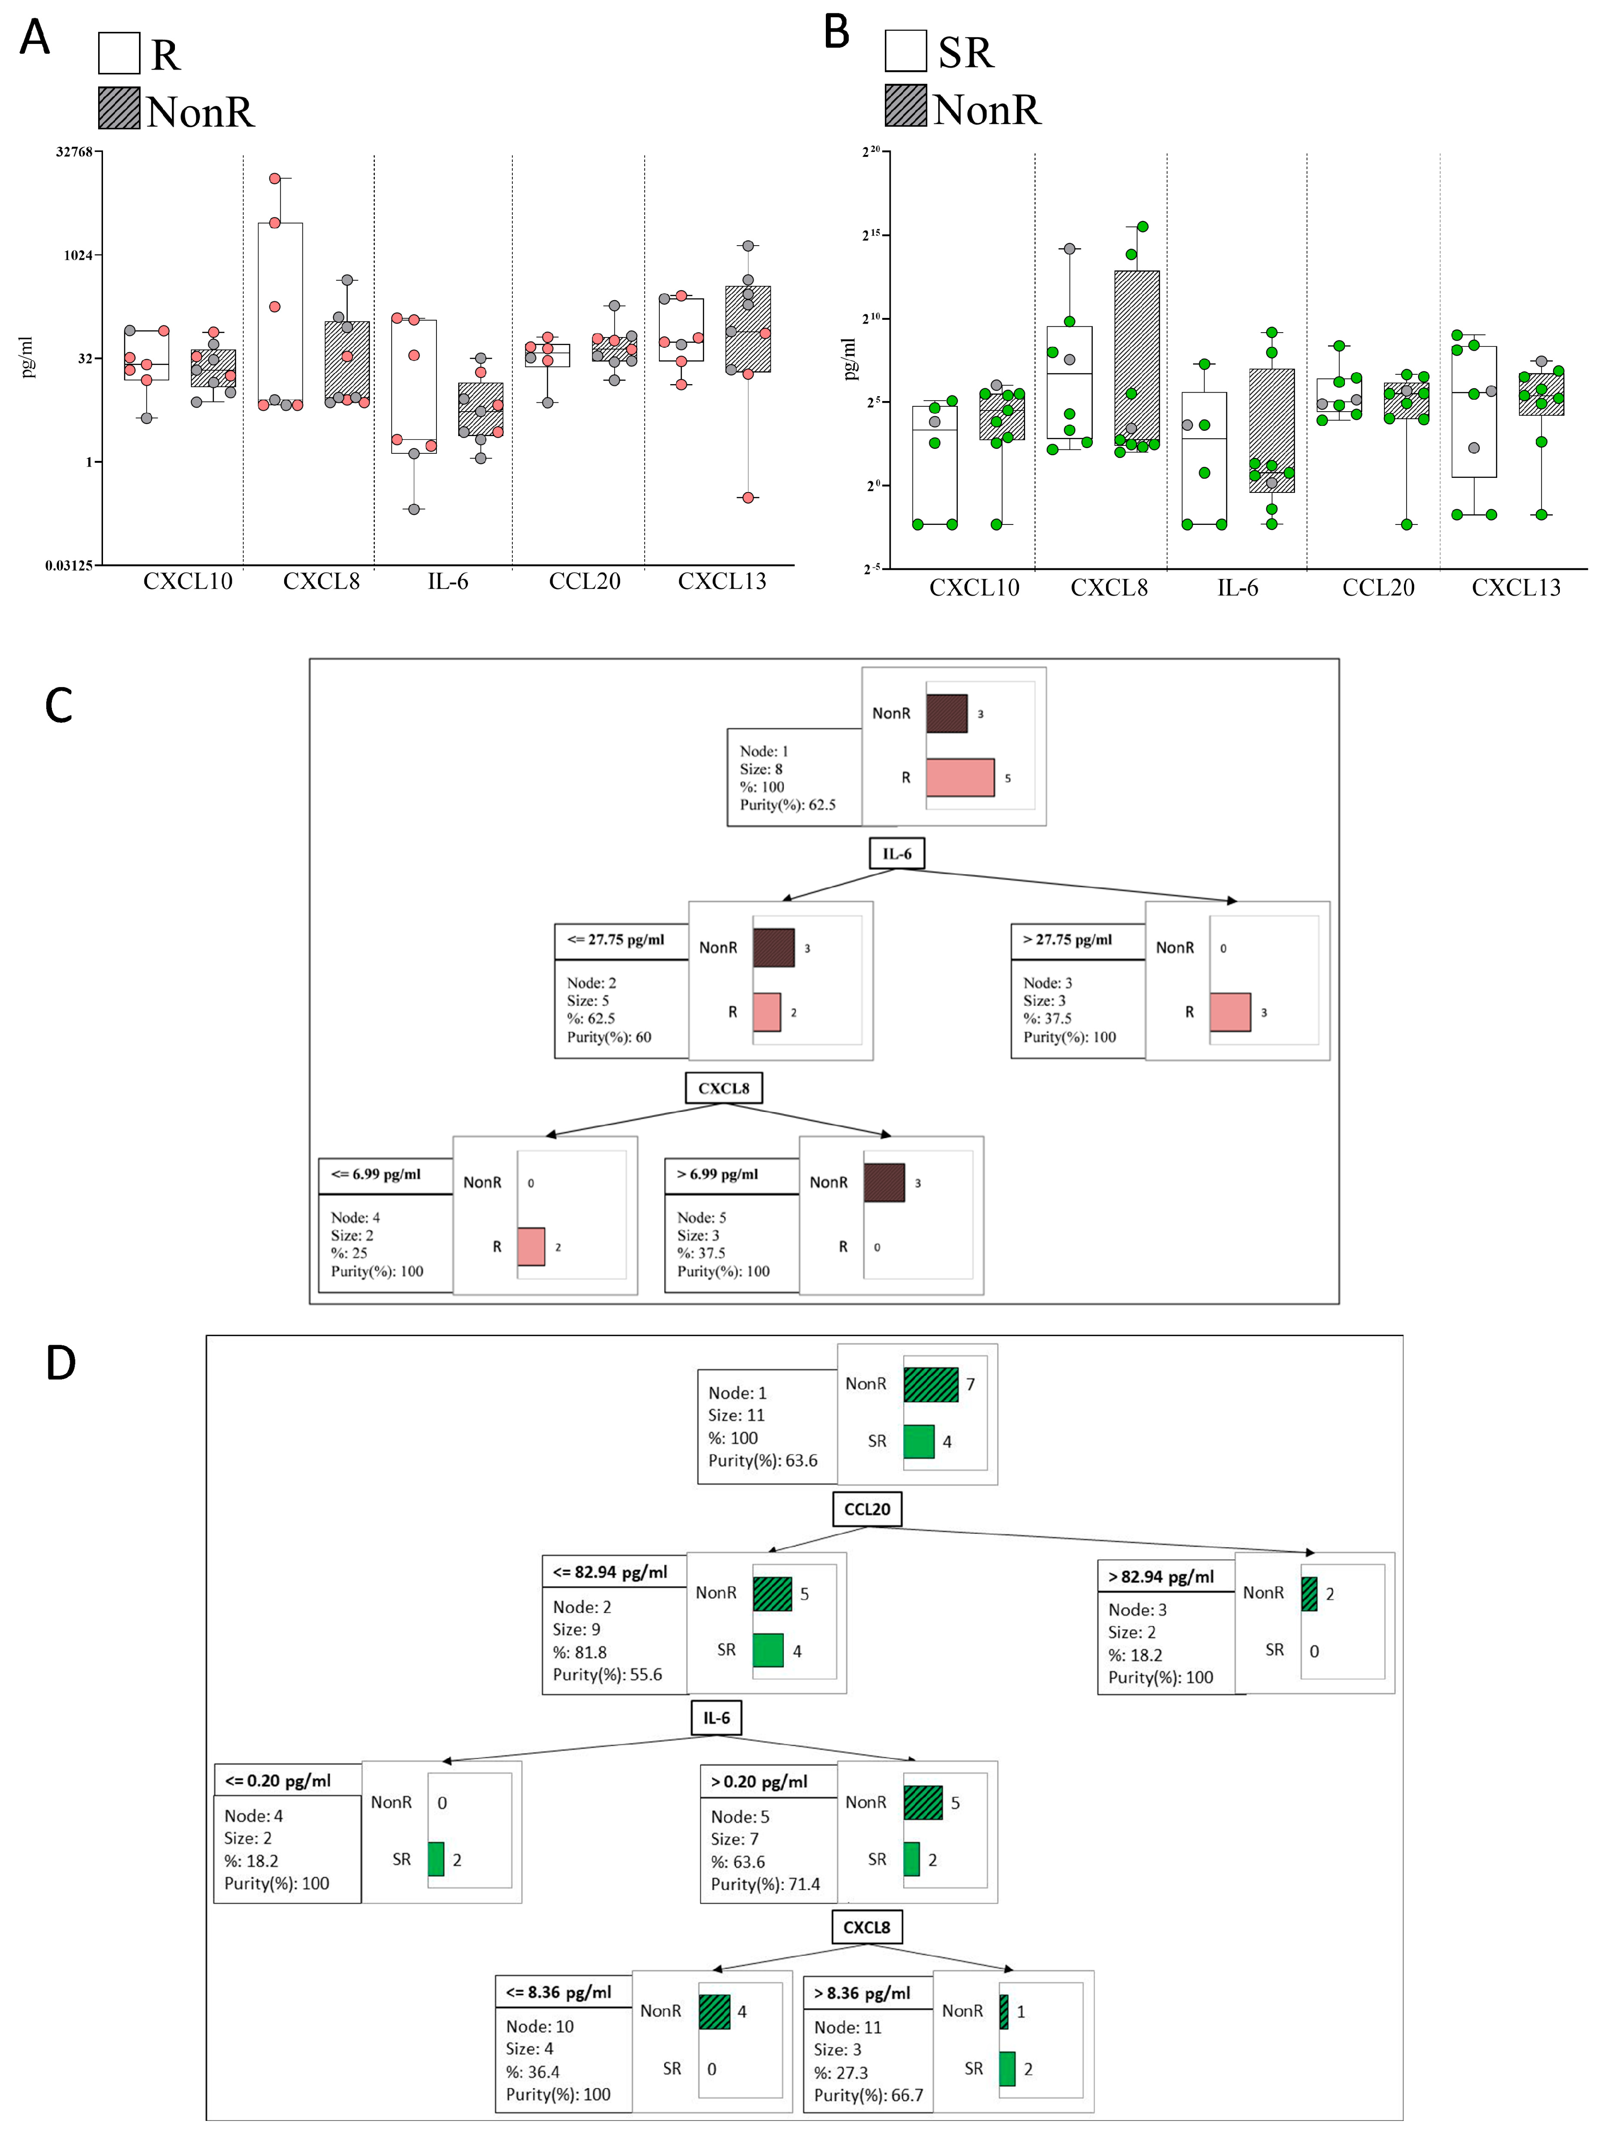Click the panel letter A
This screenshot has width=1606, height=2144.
pyautogui.click(x=35, y=39)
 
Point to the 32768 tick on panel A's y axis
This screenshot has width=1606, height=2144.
pyautogui.click(x=75, y=152)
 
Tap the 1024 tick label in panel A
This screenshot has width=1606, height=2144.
pyautogui.click(x=78, y=256)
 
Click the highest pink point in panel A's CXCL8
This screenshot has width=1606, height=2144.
pyautogui.click(x=274, y=179)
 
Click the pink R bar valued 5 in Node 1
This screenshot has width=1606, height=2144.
pyautogui.click(x=960, y=777)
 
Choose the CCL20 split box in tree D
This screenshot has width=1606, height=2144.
pyautogui.click(x=866, y=1509)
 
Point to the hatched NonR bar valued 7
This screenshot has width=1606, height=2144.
pyautogui.click(x=931, y=1384)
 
